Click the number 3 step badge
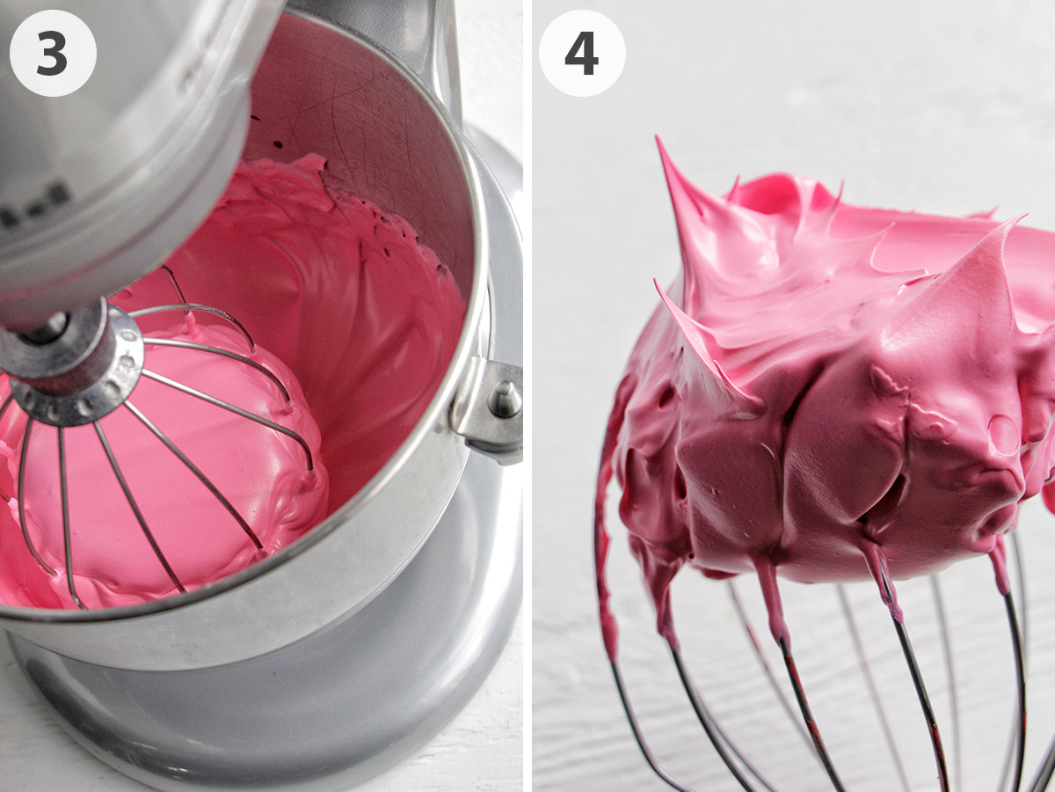coord(52,53)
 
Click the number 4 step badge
coord(581,53)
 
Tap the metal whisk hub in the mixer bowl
coord(74,361)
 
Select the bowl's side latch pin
coord(504,400)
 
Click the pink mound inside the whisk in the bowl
coord(176,458)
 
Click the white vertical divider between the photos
coord(527,396)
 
